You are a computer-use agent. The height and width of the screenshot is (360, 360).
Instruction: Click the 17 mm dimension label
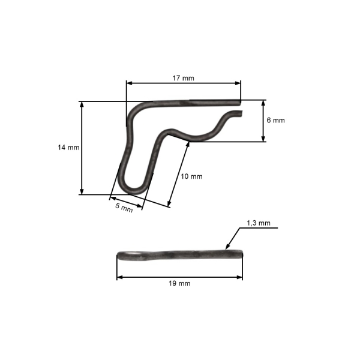183,78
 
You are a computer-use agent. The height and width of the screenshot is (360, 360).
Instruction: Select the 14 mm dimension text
69,147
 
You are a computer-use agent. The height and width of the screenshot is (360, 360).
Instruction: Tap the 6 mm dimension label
275,120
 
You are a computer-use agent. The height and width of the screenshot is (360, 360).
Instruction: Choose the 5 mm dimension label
124,208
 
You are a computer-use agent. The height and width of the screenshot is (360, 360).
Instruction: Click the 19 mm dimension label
180,283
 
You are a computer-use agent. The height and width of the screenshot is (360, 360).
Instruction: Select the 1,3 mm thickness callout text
258,223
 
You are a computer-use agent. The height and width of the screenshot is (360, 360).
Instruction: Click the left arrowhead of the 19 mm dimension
119,277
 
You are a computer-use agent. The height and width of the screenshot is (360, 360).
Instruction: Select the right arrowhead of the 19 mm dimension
241,277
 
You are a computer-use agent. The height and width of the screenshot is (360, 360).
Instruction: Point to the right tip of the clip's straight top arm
240,101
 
